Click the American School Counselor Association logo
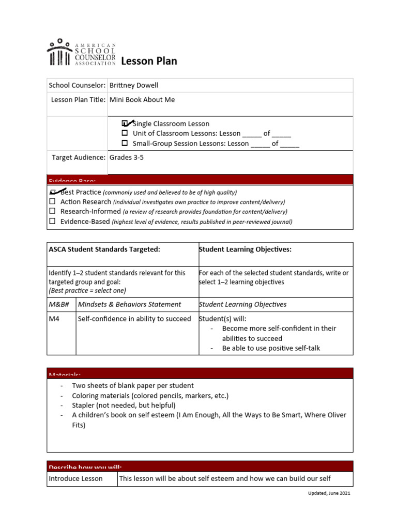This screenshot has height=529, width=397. tap(81, 53)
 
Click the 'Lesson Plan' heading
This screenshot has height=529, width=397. tap(149, 61)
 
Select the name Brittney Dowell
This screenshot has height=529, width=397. tap(134, 85)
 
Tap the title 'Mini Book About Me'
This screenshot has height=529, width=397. tap(142, 100)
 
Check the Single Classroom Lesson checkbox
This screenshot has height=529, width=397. tap(125, 123)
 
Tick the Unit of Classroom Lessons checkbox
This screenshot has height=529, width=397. tap(125, 133)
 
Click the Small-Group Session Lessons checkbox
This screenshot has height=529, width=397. tap(125, 143)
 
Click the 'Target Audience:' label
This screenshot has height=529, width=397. tap(79, 158)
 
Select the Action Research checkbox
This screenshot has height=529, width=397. tap(52, 201)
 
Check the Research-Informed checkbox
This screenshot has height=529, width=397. tap(52, 211)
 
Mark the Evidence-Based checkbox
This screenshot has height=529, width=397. tap(52, 221)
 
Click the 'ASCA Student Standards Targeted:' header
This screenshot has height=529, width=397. tap(104, 250)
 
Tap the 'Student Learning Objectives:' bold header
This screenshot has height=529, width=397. tap(245, 250)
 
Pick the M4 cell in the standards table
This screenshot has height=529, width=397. tap(54, 319)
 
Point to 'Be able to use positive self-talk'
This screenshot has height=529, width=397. tap(271, 348)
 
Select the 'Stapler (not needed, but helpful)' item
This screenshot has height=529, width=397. tap(124, 405)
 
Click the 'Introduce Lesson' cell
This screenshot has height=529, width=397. tap(75, 478)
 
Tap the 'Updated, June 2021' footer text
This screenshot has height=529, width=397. tap(329, 493)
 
